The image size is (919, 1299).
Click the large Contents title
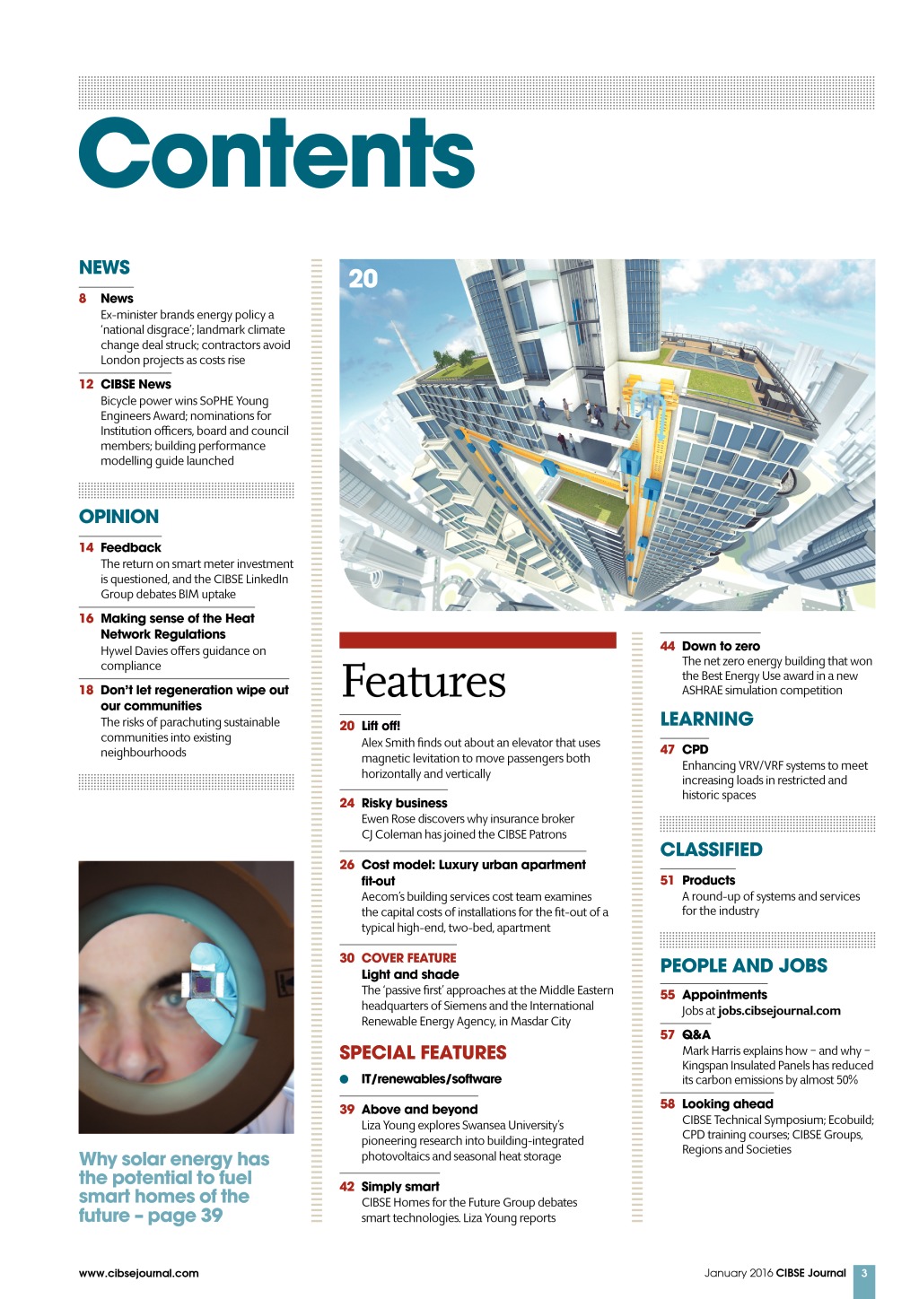[276, 154]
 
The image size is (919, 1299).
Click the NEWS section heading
[104, 267]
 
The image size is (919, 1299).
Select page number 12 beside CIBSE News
[86, 384]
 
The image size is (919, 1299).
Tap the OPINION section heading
[118, 517]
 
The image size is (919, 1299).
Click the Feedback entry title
[131, 547]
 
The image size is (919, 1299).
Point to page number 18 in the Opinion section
[86, 690]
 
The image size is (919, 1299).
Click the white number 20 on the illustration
[363, 279]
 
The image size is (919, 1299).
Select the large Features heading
[424, 681]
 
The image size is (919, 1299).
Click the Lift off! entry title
[381, 726]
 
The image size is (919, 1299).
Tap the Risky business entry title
[404, 803]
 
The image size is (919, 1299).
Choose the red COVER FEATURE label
[408, 958]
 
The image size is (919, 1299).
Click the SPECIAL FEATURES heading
[423, 1052]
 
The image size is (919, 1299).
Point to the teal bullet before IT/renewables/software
[345, 1079]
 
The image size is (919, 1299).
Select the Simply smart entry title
[400, 1186]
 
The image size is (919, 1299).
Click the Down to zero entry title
[721, 646]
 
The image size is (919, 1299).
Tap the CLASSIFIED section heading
[711, 850]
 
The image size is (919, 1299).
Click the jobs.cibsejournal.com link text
[779, 1010]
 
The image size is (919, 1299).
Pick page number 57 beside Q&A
[668, 1034]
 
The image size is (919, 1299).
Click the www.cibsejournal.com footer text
[139, 1272]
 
